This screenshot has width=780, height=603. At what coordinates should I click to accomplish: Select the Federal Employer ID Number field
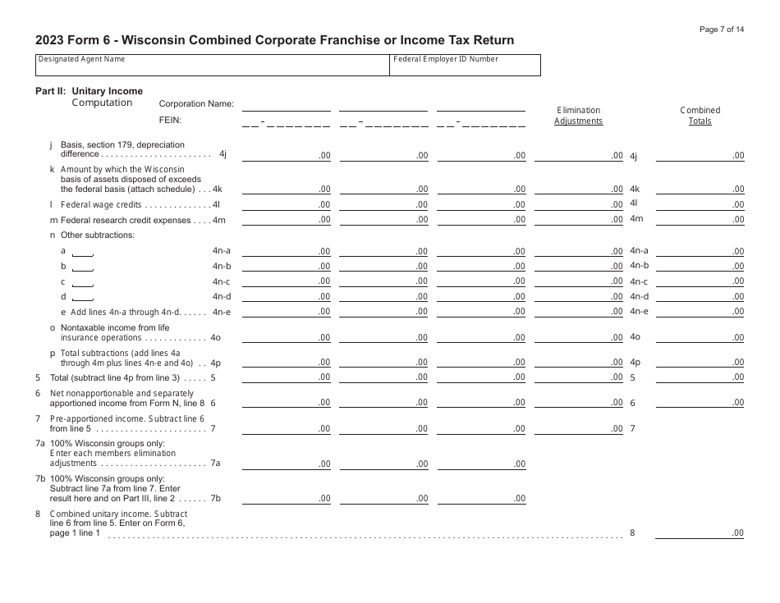(465, 66)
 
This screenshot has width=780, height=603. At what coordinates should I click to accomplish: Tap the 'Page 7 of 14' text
(722, 30)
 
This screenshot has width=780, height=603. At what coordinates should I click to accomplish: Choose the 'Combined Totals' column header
(700, 116)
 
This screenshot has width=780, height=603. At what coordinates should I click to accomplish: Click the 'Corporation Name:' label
(196, 104)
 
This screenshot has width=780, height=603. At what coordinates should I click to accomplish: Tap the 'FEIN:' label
(170, 120)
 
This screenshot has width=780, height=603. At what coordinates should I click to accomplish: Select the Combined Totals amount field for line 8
(700, 533)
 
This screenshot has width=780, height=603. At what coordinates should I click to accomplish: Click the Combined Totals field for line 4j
(700, 155)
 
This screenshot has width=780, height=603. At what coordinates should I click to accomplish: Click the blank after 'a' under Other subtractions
(83, 251)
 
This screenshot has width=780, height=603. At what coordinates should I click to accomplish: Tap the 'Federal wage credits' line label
(101, 204)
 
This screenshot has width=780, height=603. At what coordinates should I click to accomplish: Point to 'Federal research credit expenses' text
(120, 220)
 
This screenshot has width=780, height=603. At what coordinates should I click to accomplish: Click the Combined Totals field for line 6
(700, 402)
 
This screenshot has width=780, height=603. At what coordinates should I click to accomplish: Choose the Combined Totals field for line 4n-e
(700, 311)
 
